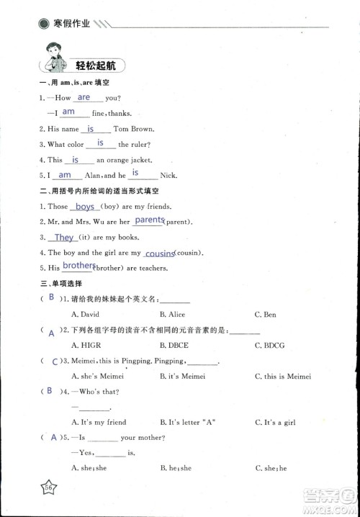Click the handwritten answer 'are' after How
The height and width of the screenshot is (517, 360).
click(84, 97)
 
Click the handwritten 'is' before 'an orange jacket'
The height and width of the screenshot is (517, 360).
click(75, 160)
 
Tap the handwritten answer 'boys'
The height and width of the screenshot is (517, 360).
click(86, 207)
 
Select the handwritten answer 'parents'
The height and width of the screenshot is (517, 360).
click(149, 220)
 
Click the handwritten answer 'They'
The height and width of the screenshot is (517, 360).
click(65, 238)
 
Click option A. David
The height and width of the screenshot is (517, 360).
click(86, 315)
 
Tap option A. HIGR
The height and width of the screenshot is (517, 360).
click(86, 346)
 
